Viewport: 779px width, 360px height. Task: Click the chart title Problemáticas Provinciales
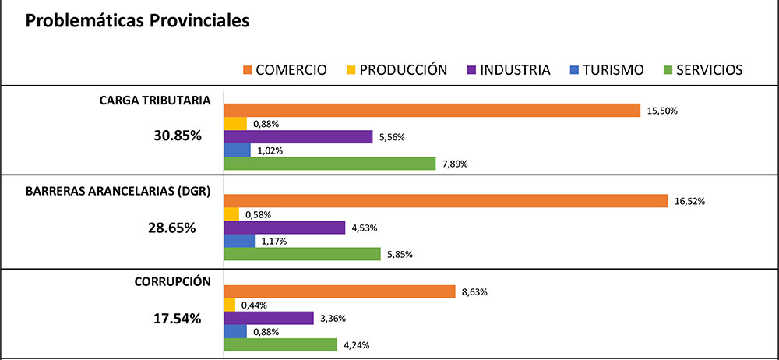pos(137,21)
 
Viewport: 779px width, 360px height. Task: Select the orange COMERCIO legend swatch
pos(247,70)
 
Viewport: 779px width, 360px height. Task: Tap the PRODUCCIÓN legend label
pos(404,70)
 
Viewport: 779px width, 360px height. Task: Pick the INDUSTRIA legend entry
pos(515,70)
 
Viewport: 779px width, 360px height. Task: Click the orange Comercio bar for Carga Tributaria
pos(432,111)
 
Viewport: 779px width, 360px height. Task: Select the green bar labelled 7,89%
pos(330,164)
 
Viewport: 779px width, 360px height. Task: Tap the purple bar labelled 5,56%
pos(298,137)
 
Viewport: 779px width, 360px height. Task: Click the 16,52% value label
pos(689,201)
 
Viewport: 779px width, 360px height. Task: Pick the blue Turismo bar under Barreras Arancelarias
pos(239,241)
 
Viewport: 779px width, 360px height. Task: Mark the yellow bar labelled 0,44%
pos(229,305)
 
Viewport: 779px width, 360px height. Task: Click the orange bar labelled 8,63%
pos(339,291)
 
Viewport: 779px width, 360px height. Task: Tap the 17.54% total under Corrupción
pos(176,319)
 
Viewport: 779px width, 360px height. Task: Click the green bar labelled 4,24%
pos(280,344)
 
